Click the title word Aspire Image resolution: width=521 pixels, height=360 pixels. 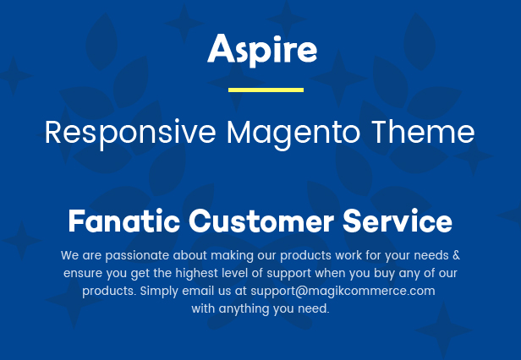pos(262,50)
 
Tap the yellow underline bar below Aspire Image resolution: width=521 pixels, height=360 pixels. pos(266,90)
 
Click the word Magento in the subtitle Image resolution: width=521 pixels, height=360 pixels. pos(293,134)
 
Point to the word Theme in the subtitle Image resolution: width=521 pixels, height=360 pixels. pos(423,132)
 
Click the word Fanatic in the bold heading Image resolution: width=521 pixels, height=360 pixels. pos(124,221)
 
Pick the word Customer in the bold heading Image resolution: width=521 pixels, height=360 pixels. pos(261,221)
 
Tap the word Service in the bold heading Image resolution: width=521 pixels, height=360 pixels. pos(398,221)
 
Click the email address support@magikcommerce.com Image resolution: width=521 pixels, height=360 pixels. pos(343,291)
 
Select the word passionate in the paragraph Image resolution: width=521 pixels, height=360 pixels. pos(137,256)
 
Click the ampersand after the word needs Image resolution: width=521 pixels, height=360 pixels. pos(456,255)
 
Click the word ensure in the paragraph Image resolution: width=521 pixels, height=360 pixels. pos(83,274)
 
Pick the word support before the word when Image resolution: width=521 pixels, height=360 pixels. pos(289,274)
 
